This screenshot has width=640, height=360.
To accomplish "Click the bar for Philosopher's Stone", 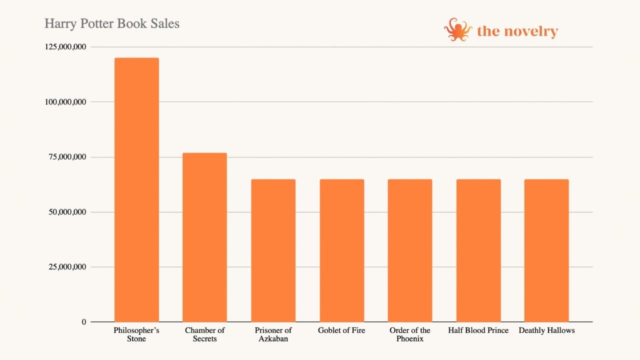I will (136, 190).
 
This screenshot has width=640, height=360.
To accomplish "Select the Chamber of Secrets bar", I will (204, 237).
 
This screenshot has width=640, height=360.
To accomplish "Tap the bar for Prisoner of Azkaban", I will (273, 250).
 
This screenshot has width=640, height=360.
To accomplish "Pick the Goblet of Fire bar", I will (342, 250).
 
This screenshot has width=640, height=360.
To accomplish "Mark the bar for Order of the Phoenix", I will (410, 250).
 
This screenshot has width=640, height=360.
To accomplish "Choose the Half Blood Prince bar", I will (478, 250).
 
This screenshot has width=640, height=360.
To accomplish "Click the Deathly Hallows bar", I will (546, 250).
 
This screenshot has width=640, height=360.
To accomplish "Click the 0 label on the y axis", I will (84, 322).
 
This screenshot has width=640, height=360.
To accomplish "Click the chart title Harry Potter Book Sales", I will (112, 23).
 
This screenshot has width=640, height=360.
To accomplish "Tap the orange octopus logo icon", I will (457, 30).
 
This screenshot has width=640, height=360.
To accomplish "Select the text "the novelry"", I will (517, 31).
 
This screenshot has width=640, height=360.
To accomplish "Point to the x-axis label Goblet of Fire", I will (341, 330).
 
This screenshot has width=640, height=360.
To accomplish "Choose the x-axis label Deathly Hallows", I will (546, 330).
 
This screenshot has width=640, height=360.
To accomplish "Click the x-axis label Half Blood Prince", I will (478, 330).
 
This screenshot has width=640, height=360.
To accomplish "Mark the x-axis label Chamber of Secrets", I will (204, 334).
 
